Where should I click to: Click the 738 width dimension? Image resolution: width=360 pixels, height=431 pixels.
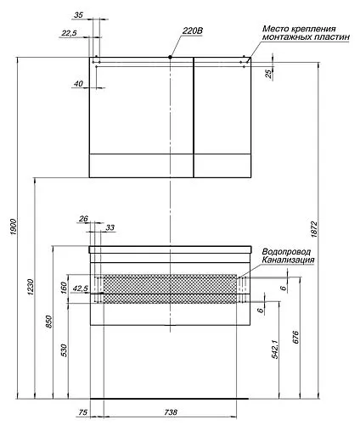pyautogui.click(x=171, y=412)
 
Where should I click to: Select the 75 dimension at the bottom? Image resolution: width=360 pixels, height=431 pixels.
pyautogui.click(x=82, y=412)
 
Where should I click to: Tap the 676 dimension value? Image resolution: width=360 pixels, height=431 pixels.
pyautogui.click(x=295, y=338)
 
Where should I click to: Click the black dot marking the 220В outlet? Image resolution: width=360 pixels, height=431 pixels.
pyautogui.click(x=171, y=57)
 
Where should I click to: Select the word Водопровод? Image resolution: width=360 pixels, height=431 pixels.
pyautogui.click(x=286, y=252)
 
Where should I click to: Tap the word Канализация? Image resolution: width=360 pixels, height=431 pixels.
pyautogui.click(x=289, y=261)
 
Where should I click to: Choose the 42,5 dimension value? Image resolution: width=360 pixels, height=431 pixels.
pyautogui.click(x=82, y=288)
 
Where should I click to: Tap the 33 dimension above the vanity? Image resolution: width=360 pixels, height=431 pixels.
pyautogui.click(x=110, y=227)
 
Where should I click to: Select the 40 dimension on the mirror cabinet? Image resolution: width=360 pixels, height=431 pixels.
pyautogui.click(x=79, y=84)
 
